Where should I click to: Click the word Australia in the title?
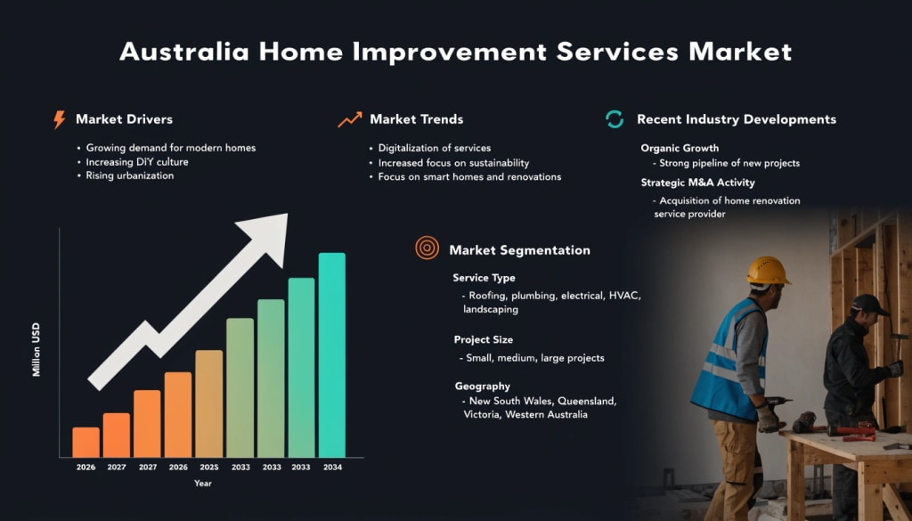tap(184, 52)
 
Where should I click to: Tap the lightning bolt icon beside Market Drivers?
tap(59, 119)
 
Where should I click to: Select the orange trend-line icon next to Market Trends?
tap(349, 119)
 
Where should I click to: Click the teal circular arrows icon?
tap(615, 119)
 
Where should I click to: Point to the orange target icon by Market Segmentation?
tap(427, 248)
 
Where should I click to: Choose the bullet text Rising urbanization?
tap(130, 175)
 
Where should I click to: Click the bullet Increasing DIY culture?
tap(137, 162)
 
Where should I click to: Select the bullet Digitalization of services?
tap(435, 148)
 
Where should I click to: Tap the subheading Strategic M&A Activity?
tap(698, 183)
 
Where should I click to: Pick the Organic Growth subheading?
tap(680, 148)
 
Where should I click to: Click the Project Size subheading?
tap(484, 339)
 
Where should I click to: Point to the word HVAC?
tap(624, 296)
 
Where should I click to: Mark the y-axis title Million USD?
tap(37, 349)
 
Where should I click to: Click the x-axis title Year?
tap(203, 484)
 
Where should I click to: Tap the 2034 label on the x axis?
tap(332, 468)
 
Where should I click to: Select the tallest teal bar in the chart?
tap(332, 354)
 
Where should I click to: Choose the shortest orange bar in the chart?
tap(86, 443)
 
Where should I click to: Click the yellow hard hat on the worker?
tap(768, 271)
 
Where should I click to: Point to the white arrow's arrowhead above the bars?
tap(266, 236)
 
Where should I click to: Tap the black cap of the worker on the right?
tap(869, 304)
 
